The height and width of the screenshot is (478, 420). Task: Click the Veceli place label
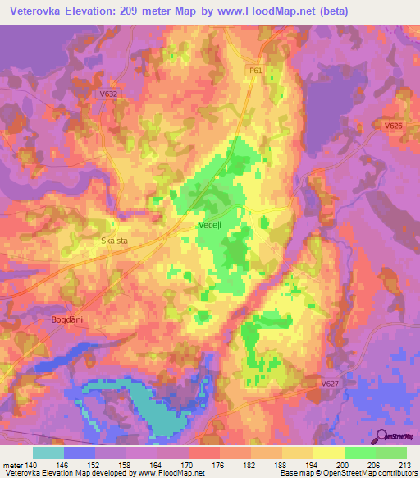coord(209,224)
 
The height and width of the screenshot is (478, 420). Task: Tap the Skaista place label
coord(112,241)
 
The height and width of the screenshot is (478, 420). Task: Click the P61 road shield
coord(255,71)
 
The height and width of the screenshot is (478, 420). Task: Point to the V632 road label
coord(108,94)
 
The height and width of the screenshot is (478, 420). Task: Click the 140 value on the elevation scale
coord(35,466)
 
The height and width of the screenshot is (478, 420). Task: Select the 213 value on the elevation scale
coord(402,466)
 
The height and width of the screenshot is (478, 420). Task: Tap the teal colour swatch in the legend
coord(48,453)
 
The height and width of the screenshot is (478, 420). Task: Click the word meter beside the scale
coord(12,466)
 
